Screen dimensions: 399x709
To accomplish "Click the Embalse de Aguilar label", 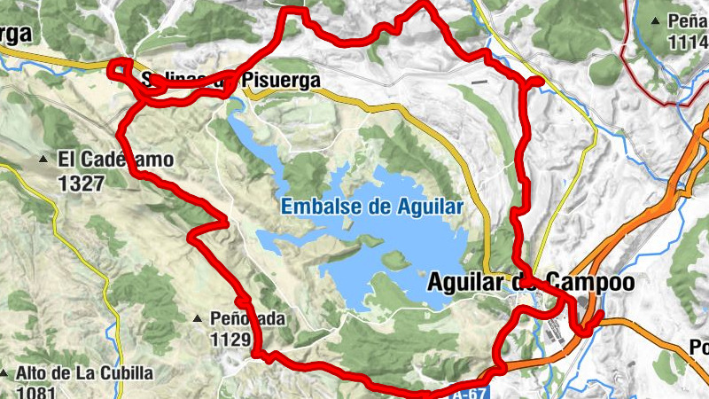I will pyautogui.click(x=372, y=207).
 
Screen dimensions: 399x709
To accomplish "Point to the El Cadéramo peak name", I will pyautogui.click(x=115, y=160).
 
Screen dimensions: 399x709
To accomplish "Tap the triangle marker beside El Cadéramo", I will pyautogui.click(x=43, y=160).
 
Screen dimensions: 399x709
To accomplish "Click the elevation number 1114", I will pyautogui.click(x=689, y=41).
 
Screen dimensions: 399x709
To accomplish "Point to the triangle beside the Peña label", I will pyautogui.click(x=655, y=20).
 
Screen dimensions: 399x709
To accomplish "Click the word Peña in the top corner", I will pyautogui.click(x=686, y=20).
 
